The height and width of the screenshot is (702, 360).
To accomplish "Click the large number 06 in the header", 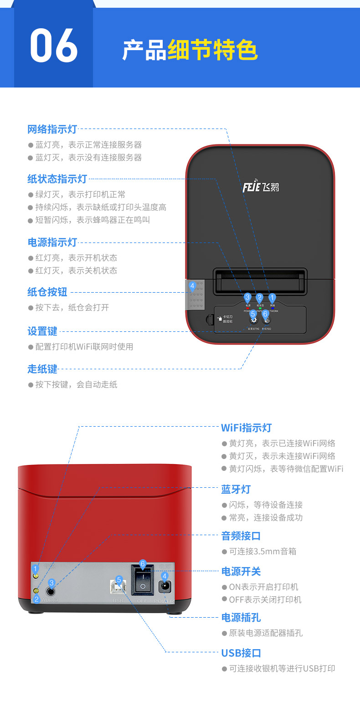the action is coord(54,46).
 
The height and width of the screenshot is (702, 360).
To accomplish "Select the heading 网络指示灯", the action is coord(52,129).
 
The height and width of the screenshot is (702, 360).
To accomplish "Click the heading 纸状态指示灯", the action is coord(57,179).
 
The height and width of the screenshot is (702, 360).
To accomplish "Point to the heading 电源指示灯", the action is coord(52,242).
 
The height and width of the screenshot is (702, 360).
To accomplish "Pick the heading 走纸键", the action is coord(42,369).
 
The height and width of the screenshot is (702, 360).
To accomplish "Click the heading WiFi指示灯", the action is coord(246,428).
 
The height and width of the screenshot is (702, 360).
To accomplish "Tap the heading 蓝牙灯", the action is coord(236,490).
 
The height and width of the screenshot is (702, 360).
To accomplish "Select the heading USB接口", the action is coord(241,653).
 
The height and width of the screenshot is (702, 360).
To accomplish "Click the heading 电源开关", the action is coord(241,571).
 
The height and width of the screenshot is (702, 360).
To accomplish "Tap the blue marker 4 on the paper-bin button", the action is coord(192,286).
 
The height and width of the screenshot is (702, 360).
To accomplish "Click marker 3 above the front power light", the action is coord(247,297).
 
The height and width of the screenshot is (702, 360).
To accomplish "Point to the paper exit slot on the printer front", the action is coord(260,281).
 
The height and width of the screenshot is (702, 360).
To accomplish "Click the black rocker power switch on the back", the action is coord(143,581).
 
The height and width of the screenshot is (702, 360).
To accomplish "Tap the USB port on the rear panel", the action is coord(118,588).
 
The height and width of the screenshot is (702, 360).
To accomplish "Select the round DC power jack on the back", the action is coord(165,587).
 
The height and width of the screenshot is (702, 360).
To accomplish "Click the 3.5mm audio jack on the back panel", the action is coord(51,591).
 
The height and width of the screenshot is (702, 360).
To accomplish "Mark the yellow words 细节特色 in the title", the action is coord(212,50).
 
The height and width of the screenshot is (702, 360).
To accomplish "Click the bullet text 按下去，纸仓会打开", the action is coord(72,307).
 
